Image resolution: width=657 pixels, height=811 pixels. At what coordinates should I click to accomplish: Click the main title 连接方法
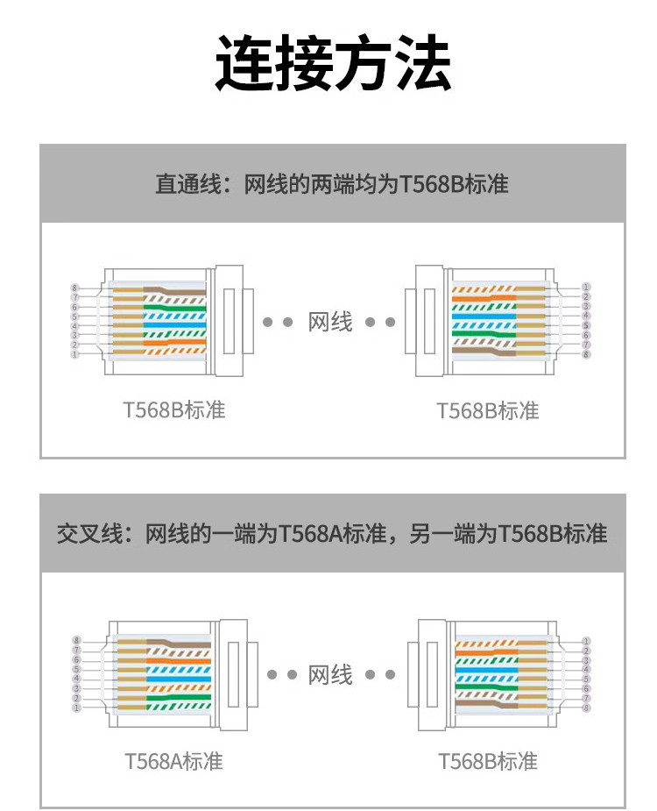coord(334,64)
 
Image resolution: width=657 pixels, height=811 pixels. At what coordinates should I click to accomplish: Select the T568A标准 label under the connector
coord(173,760)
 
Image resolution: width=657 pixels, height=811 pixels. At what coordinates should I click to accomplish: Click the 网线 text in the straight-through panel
coord(330,322)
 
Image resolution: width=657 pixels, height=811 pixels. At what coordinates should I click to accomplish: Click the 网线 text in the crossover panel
coord(330,674)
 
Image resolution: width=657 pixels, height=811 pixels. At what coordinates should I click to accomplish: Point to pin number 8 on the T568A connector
coord(76,641)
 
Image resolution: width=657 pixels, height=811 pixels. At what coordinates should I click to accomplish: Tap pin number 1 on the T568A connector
coord(76,708)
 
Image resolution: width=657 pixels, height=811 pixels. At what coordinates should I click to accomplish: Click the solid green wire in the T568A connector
coord(180,698)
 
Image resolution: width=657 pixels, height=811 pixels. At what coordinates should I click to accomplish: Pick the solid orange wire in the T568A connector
coord(180,660)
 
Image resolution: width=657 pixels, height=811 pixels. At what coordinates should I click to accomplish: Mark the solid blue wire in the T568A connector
coord(180,679)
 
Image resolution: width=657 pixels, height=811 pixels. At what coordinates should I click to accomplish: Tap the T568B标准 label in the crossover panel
coord(488,760)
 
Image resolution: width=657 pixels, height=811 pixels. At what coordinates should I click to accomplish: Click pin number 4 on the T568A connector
coord(76,679)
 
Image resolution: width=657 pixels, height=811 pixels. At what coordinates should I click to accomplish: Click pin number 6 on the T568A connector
coord(76,660)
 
